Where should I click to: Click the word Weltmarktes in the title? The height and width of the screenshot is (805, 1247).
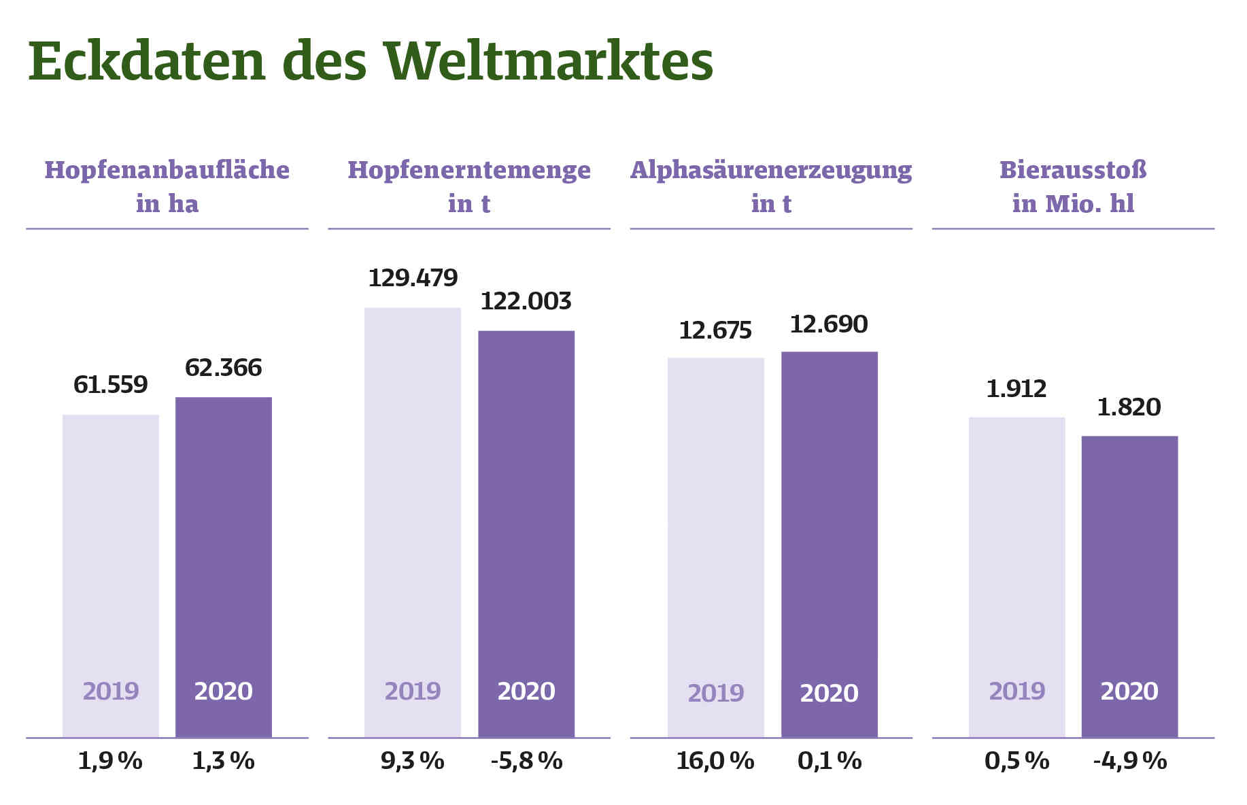click(548, 63)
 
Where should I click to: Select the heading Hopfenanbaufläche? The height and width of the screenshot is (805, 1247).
click(167, 170)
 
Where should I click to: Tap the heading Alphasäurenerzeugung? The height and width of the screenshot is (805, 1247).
click(771, 170)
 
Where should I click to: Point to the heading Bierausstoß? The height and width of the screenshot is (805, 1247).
click(1073, 170)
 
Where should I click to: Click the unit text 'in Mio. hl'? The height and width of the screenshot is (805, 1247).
click(1073, 204)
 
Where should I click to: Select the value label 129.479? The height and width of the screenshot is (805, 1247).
click(413, 278)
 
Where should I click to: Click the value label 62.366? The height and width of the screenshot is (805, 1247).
click(223, 368)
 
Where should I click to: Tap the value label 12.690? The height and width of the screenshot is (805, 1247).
click(829, 324)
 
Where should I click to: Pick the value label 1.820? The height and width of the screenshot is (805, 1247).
click(1129, 407)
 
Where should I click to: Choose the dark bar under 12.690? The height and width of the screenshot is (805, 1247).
click(829, 517)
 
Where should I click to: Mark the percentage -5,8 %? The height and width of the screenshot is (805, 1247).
click(526, 761)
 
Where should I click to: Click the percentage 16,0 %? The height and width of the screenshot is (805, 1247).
click(715, 761)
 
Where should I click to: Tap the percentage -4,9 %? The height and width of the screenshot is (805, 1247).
click(1129, 761)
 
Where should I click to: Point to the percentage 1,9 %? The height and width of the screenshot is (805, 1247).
click(110, 761)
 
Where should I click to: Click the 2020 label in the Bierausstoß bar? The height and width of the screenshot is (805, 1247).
click(1129, 691)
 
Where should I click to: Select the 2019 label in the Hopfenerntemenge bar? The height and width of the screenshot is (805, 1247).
click(413, 691)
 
